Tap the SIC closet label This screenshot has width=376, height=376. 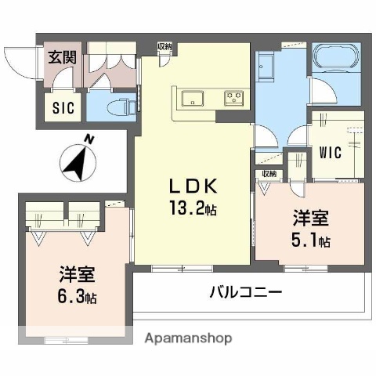pyautogui.click(x=63, y=108)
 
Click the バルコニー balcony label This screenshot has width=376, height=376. pyautogui.click(x=245, y=293)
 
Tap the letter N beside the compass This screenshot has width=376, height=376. pyautogui.click(x=90, y=139)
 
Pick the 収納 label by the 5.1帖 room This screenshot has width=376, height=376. pyautogui.click(x=268, y=174)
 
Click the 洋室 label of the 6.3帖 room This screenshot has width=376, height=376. pyautogui.click(x=78, y=275)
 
